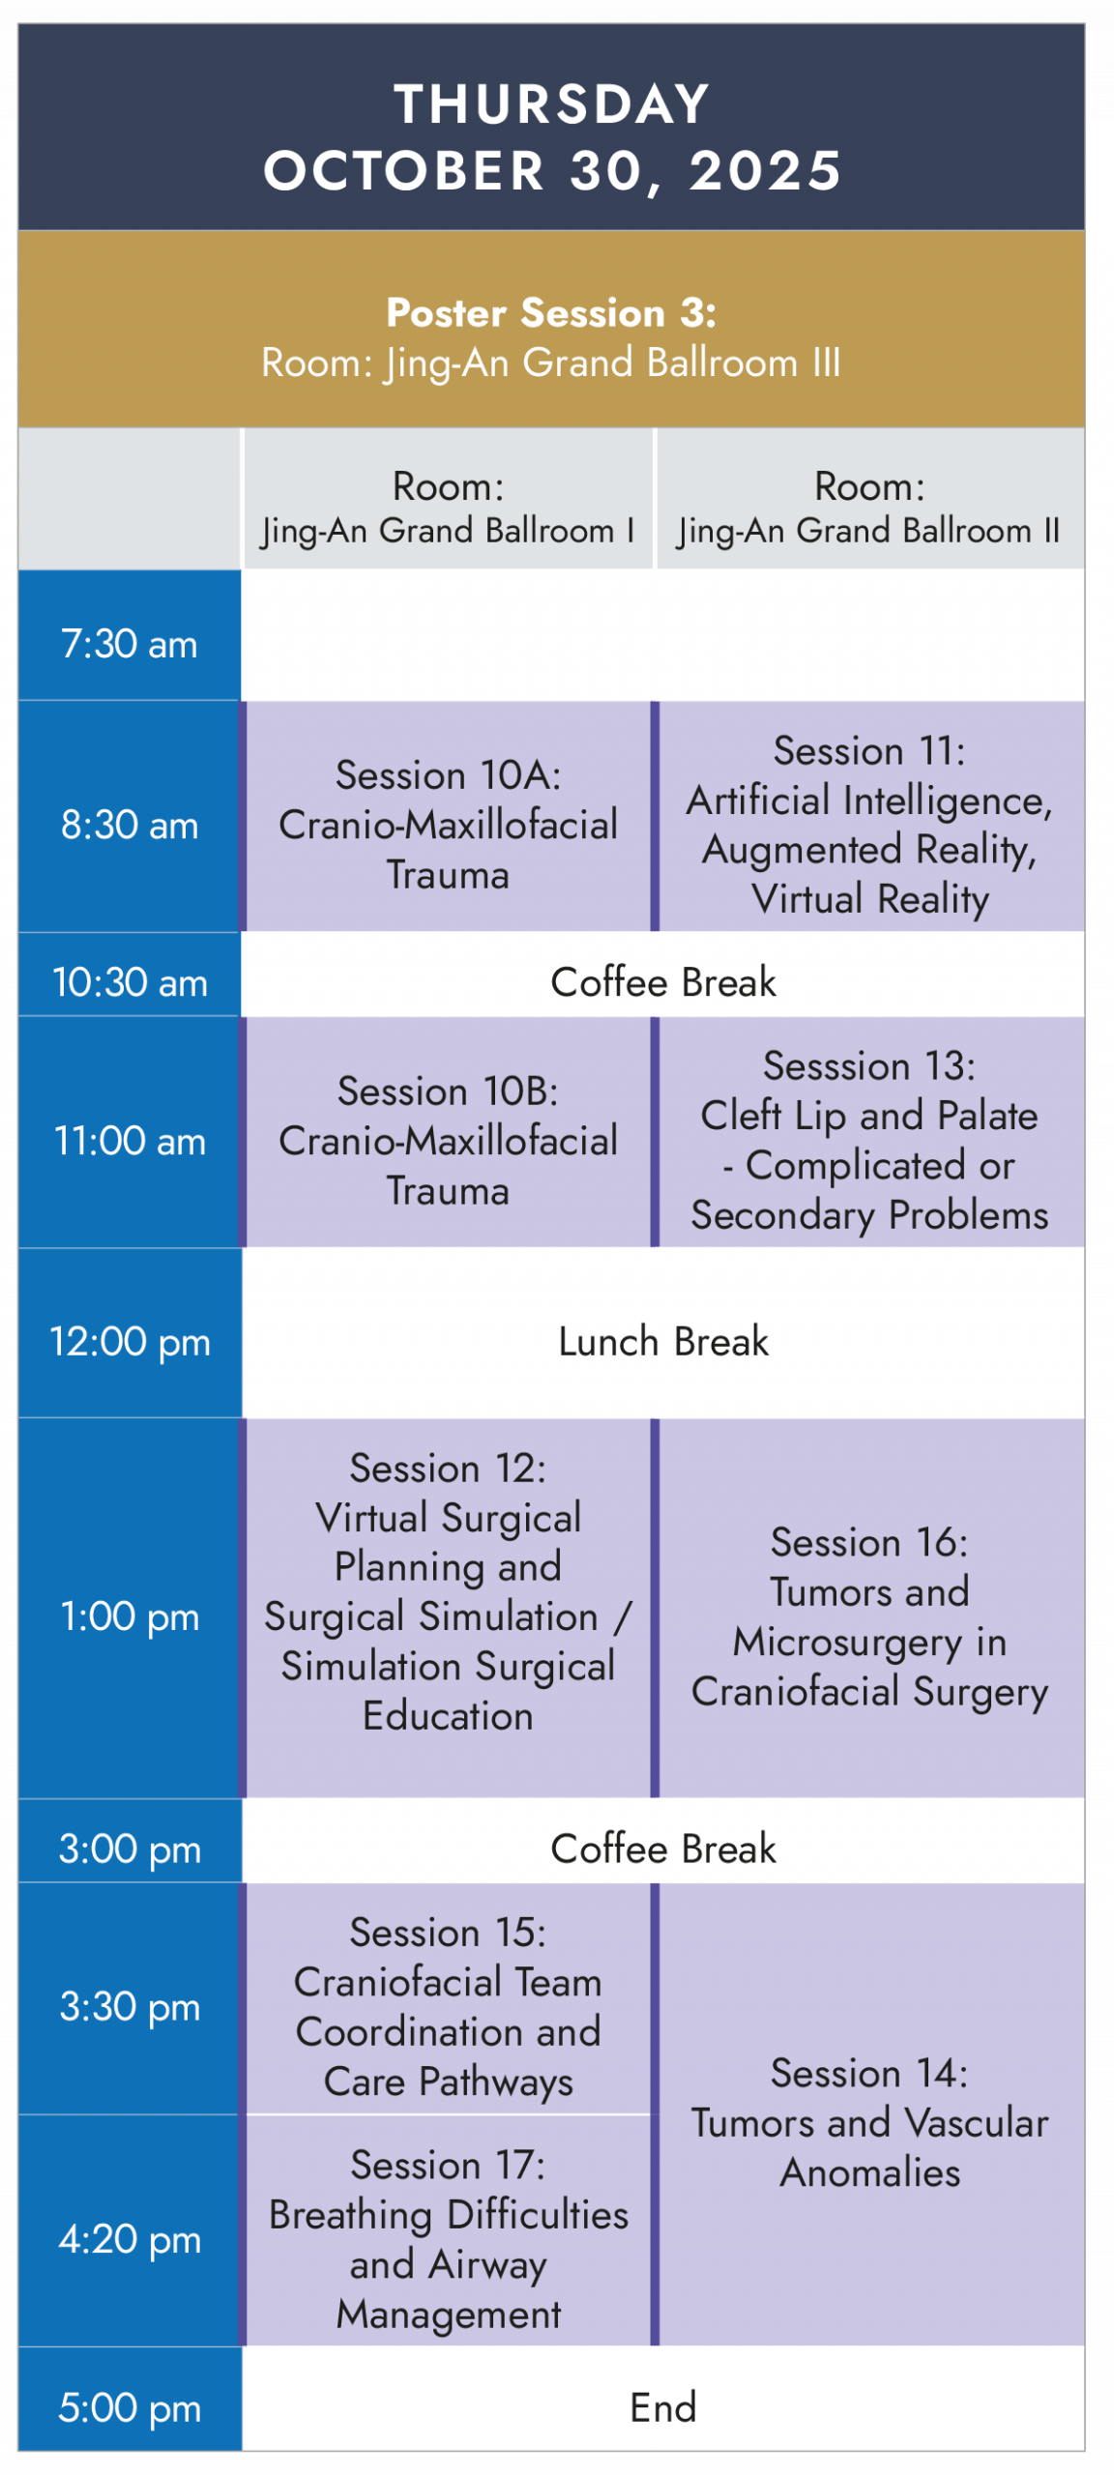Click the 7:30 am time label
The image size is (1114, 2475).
coord(130,643)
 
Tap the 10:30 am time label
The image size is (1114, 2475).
coord(130,981)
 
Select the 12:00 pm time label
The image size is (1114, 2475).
coord(130,1341)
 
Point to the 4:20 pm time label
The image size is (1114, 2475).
coord(130,2238)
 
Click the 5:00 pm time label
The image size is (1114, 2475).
coord(130,2406)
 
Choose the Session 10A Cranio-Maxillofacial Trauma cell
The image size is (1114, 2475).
coord(449,816)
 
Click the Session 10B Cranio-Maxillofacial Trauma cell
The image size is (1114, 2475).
coord(449,1132)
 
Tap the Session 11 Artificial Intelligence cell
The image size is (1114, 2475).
coord(871,816)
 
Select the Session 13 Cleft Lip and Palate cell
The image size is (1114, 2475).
coord(871,1132)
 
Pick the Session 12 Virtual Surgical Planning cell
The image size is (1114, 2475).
coord(449,1608)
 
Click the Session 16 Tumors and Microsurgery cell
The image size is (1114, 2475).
coord(871,1608)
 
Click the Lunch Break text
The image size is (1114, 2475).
coord(663,1341)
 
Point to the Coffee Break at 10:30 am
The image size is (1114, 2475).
coord(663,981)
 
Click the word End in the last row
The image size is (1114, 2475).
coord(663,2406)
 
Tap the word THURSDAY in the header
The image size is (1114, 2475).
coord(552,103)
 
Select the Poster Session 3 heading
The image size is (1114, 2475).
coord(551,312)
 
